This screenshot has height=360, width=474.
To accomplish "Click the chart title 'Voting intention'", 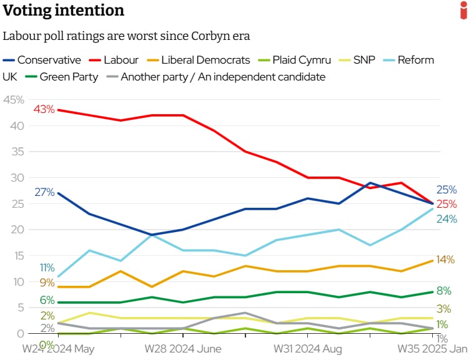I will click(63, 11).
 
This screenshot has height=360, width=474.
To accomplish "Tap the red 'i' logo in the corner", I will click(463, 10).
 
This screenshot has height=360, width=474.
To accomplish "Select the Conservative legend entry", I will click(42, 60).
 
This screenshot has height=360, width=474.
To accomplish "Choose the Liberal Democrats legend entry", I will click(198, 60).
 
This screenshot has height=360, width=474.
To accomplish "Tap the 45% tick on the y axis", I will click(14, 100).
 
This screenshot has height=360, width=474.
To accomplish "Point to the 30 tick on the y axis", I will click(18, 178).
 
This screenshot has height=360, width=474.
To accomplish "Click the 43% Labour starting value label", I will click(44, 109).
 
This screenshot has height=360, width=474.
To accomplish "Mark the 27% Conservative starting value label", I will click(44, 192).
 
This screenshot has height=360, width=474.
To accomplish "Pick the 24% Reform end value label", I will click(447, 219).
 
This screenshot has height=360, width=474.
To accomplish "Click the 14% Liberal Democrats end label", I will click(445, 260).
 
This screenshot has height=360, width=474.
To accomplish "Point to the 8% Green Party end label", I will click(443, 291).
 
